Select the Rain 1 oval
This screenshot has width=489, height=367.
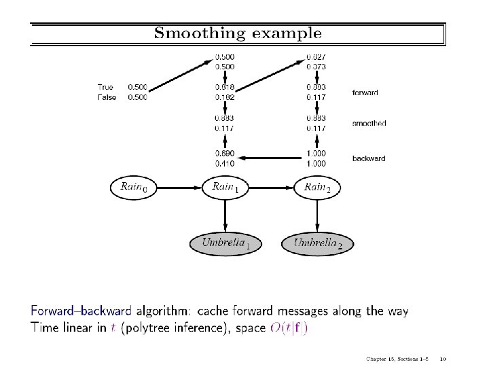[x=225, y=187]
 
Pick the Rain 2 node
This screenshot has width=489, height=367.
[x=317, y=187]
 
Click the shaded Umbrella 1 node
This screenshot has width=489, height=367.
[x=225, y=243]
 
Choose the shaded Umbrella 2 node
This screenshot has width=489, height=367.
[x=317, y=243]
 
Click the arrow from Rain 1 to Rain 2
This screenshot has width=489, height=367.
[x=272, y=187]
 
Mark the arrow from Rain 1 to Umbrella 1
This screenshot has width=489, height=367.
[x=225, y=215]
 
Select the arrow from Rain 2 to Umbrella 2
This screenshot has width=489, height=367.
[x=317, y=215]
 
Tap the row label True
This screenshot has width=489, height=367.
[x=105, y=87]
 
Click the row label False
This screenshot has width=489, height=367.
[x=107, y=97]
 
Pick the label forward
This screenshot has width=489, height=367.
[x=365, y=92]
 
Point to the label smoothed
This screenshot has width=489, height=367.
[x=369, y=124]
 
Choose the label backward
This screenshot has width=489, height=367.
[x=369, y=158]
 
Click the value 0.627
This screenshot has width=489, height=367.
[x=316, y=56]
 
